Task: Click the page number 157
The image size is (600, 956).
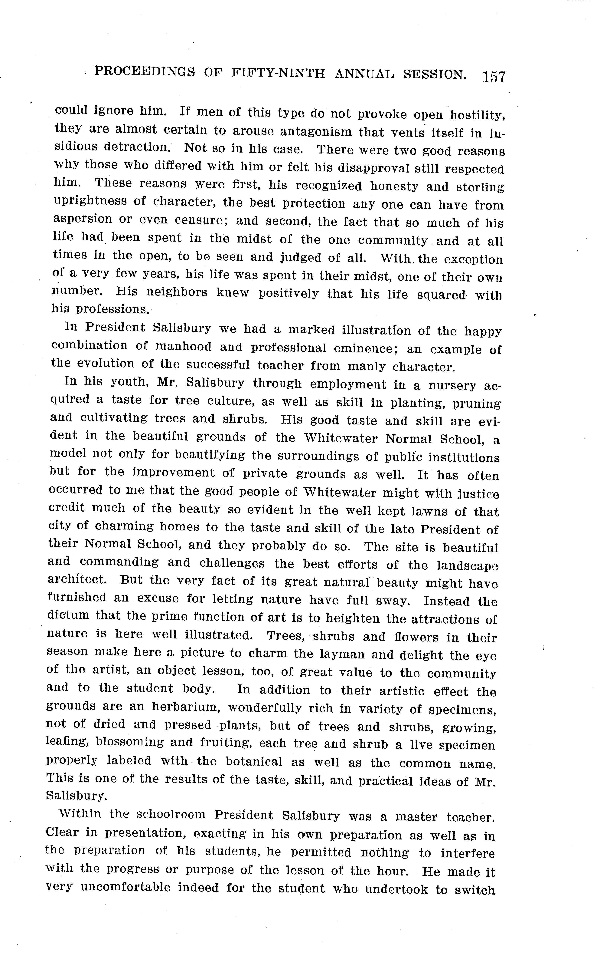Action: click(x=494, y=76)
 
